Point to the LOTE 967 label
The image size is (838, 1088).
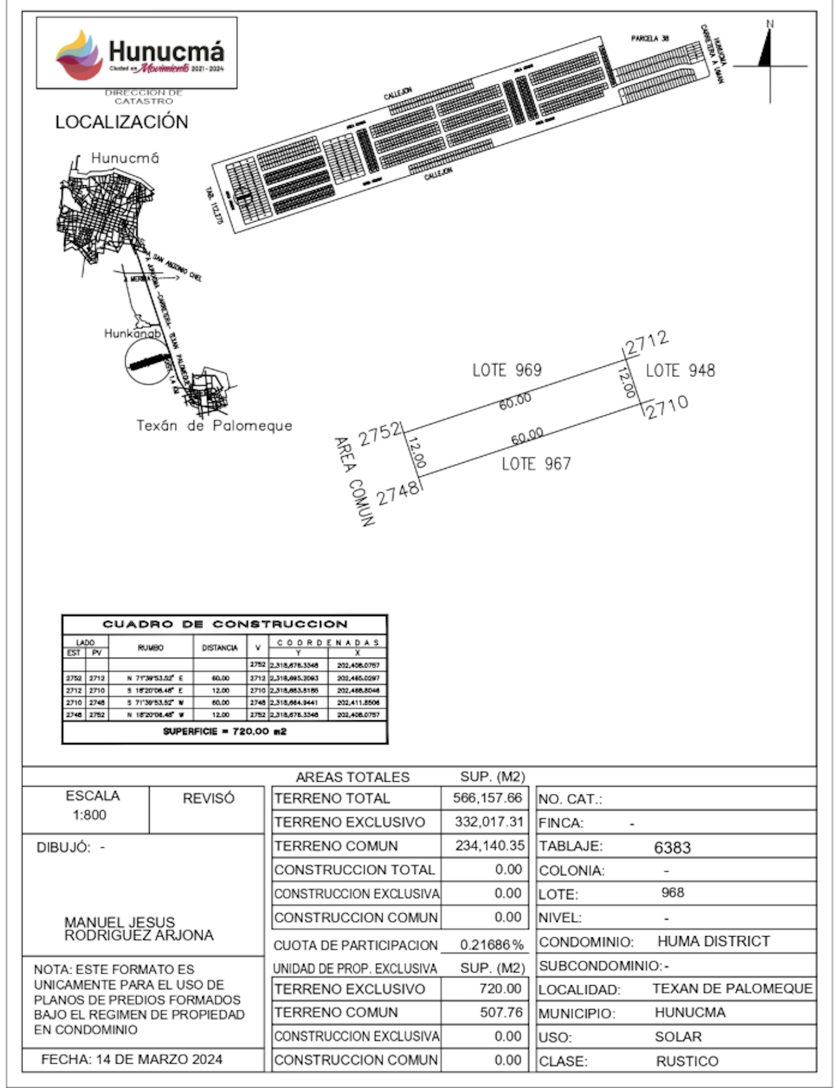(x=536, y=464)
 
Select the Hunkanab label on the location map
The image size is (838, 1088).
(x=132, y=333)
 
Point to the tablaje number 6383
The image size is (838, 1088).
(x=672, y=847)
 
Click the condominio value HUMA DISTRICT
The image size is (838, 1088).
(x=713, y=941)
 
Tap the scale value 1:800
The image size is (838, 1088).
(x=90, y=815)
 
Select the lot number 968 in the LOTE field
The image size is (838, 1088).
(x=673, y=892)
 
